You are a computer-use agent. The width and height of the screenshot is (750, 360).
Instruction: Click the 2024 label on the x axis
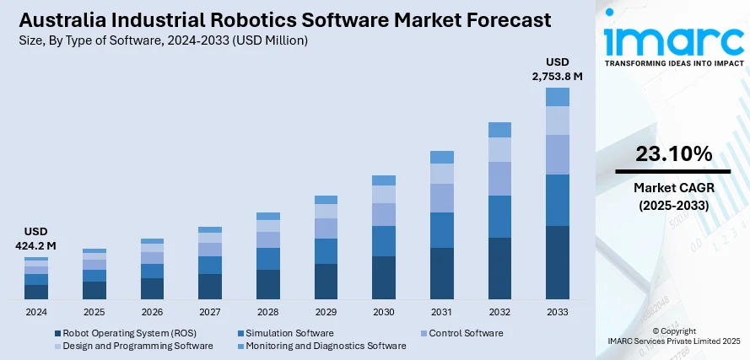click(x=36, y=312)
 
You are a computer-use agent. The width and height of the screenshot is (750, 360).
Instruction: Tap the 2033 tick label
click(x=557, y=312)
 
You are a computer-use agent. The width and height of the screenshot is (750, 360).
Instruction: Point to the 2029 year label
click(x=326, y=312)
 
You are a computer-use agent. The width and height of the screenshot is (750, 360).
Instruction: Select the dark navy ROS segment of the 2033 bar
click(x=557, y=262)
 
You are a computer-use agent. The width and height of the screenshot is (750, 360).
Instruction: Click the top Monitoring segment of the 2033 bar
click(x=557, y=97)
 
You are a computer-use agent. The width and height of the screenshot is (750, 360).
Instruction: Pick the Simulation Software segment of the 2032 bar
click(x=499, y=217)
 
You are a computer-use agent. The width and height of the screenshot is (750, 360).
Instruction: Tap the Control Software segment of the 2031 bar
click(x=442, y=197)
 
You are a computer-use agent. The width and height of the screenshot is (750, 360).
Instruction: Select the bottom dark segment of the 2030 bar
click(x=384, y=277)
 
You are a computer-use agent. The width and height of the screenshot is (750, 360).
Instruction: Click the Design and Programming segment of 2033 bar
click(x=557, y=121)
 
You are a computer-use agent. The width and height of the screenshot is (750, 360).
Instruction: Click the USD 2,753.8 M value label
click(x=557, y=69)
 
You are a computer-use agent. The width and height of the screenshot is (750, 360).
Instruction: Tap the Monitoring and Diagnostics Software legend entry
click(x=329, y=346)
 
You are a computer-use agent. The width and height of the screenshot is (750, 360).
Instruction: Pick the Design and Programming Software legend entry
click(x=134, y=346)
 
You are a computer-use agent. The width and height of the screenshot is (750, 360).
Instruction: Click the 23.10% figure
click(x=673, y=154)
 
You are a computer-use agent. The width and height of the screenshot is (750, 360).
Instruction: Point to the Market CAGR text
click(x=673, y=187)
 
